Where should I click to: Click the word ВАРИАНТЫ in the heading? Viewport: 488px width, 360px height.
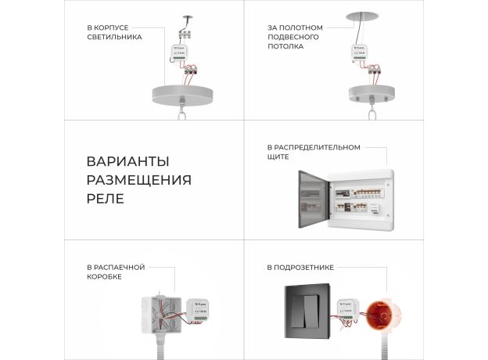point(127,162)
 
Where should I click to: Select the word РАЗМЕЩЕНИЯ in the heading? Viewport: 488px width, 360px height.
point(138,180)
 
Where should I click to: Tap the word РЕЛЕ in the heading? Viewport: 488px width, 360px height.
point(105,198)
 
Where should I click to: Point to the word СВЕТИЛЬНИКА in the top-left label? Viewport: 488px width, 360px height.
point(115,36)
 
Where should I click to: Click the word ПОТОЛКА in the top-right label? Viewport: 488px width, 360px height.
point(286,45)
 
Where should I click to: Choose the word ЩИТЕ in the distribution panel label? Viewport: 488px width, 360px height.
point(278,157)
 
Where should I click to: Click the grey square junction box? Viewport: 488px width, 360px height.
point(160,315)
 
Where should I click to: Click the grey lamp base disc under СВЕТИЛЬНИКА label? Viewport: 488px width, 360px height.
point(182,92)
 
